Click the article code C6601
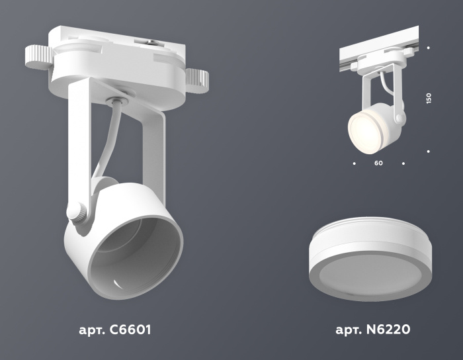(131, 328)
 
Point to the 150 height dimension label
(429, 98)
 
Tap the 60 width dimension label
(378, 162)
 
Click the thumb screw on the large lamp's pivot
(75, 213)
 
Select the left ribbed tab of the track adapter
(37, 58)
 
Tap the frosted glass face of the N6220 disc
(364, 279)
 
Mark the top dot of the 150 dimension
(429, 48)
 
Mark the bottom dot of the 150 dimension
(429, 152)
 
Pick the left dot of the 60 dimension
(354, 162)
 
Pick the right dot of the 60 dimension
(403, 162)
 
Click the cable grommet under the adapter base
(116, 101)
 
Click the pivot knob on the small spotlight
(400, 118)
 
